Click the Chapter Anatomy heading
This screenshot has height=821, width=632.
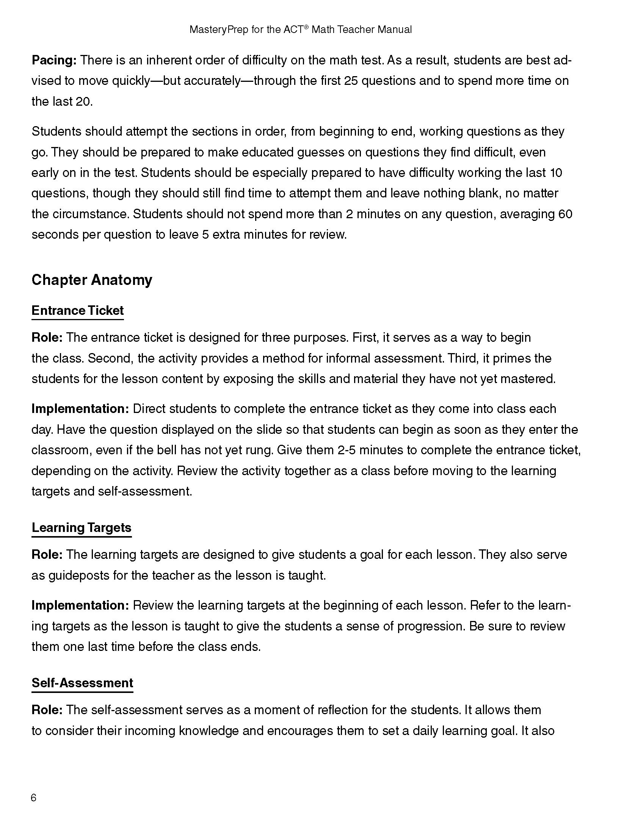click(x=92, y=280)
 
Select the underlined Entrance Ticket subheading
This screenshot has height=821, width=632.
click(x=77, y=311)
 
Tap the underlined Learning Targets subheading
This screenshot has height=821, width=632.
click(x=82, y=527)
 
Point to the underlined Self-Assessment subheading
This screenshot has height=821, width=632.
click(x=82, y=683)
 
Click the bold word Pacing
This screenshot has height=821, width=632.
click(x=54, y=60)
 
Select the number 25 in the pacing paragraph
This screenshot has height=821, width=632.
click(x=351, y=81)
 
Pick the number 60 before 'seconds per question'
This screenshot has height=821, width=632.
click(x=565, y=214)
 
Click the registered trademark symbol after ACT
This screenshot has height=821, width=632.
click(x=306, y=27)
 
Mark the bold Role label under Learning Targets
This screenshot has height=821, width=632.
click(x=47, y=555)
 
